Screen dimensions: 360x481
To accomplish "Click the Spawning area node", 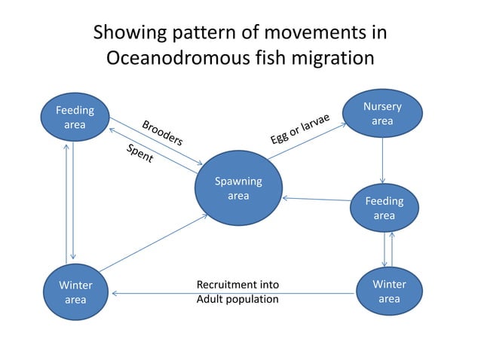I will click(x=238, y=188).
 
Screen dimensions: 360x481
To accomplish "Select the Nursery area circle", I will click(x=382, y=114).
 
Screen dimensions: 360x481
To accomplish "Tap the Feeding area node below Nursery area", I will click(x=384, y=209).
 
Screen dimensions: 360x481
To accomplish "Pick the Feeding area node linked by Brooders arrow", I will click(x=75, y=118).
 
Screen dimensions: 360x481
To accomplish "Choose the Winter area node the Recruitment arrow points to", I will click(x=75, y=292).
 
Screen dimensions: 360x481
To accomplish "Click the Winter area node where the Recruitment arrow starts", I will click(x=389, y=291).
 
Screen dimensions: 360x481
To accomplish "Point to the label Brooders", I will click(x=162, y=133).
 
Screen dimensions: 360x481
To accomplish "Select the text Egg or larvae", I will click(x=300, y=125).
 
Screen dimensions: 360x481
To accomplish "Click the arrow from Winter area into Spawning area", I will click(x=153, y=242).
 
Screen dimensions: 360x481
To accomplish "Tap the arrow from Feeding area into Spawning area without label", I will click(x=317, y=200).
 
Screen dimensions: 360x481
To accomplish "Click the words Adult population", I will click(x=237, y=299).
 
